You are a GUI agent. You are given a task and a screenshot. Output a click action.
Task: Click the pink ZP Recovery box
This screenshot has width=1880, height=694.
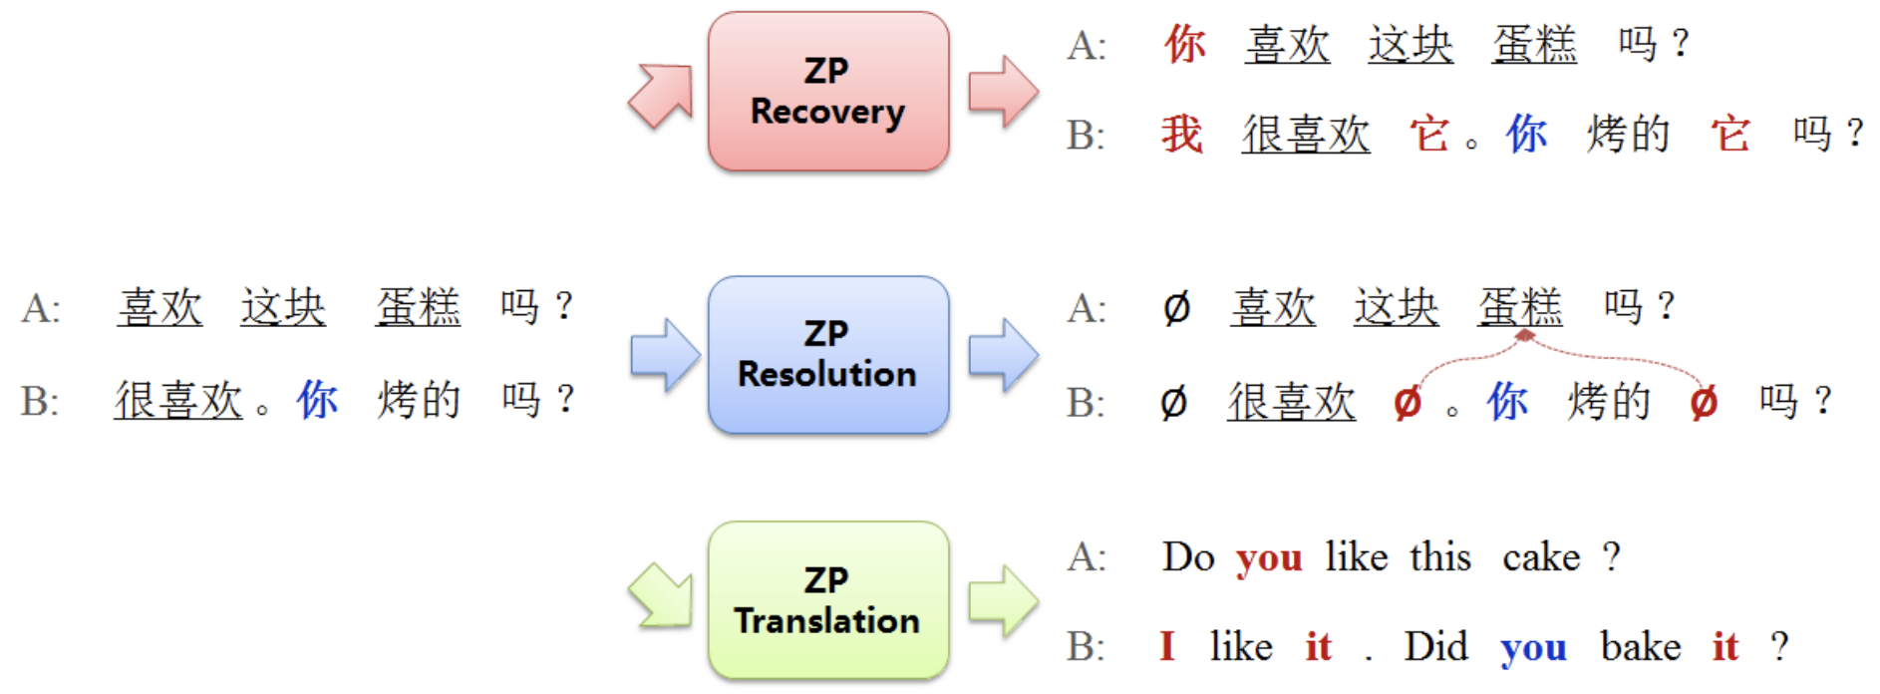coord(828,92)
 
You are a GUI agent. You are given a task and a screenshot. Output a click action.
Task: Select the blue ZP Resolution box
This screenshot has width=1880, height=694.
coord(828,355)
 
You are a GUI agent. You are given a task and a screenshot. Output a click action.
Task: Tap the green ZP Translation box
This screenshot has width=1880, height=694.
coord(828,600)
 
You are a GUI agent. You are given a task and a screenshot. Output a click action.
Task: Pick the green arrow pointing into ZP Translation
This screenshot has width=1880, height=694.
coord(660,596)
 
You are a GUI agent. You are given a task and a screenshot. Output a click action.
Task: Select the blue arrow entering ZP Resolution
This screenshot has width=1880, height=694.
coord(665,355)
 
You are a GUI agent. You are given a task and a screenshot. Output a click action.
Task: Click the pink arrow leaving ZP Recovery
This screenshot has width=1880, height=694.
coord(1004,92)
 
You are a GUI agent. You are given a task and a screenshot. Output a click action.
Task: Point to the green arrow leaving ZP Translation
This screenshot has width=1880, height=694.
coord(1004,601)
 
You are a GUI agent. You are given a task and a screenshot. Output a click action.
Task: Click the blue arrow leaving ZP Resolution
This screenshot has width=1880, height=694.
coord(1004,355)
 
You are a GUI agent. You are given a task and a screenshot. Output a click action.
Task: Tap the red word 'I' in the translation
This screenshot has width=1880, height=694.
coord(1167,646)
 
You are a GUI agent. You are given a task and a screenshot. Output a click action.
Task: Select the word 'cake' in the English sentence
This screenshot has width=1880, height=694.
coord(1541,556)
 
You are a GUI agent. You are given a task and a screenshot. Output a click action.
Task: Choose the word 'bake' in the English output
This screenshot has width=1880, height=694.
coord(1641,646)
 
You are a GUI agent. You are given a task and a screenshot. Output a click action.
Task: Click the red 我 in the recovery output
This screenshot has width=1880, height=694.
coord(1182,134)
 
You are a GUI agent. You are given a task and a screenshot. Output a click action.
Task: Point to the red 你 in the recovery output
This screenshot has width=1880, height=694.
coord(1185,44)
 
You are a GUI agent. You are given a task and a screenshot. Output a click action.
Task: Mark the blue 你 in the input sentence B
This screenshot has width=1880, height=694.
coord(317,400)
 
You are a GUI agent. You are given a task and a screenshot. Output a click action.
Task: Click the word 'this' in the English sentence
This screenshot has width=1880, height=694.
coord(1440,556)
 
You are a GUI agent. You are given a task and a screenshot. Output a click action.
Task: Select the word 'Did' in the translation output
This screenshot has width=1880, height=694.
coord(1436,646)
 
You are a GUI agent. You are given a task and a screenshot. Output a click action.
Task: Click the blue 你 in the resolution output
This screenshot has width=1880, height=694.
coord(1507,402)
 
